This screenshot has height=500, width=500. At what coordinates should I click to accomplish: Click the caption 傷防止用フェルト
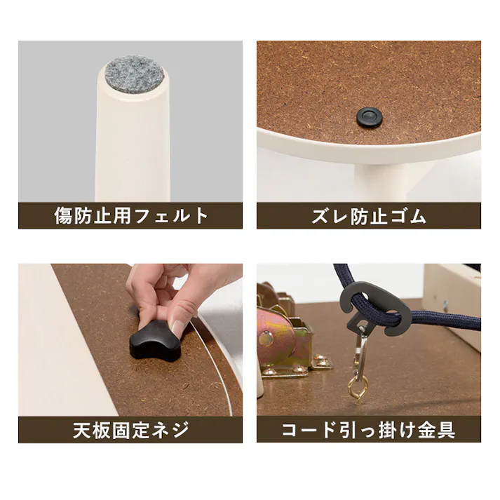(x=131, y=215)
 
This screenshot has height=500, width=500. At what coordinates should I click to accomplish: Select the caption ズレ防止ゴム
(x=369, y=215)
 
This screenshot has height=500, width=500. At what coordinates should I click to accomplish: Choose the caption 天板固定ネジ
(x=131, y=429)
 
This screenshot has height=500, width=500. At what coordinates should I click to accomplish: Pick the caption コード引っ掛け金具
(x=369, y=429)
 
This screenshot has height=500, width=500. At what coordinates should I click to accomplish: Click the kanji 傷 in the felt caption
(x=64, y=215)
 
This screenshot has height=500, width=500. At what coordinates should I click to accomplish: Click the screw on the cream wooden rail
(x=445, y=306)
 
